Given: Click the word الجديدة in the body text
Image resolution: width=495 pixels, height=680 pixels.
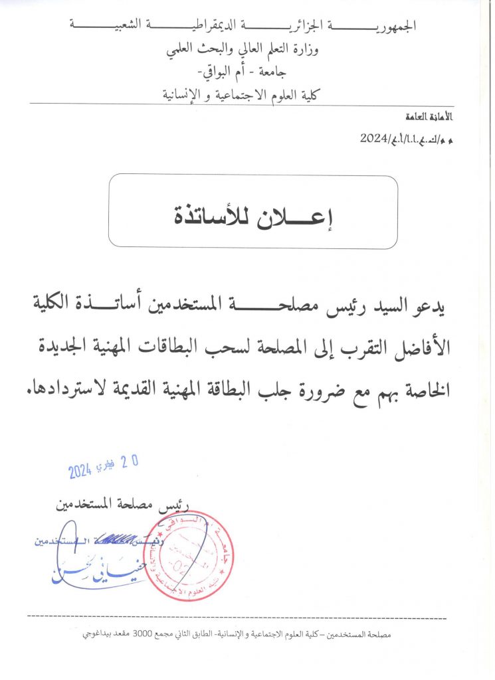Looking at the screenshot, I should pos(61,347).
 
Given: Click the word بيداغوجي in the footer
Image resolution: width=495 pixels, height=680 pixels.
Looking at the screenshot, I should pos(97,635).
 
